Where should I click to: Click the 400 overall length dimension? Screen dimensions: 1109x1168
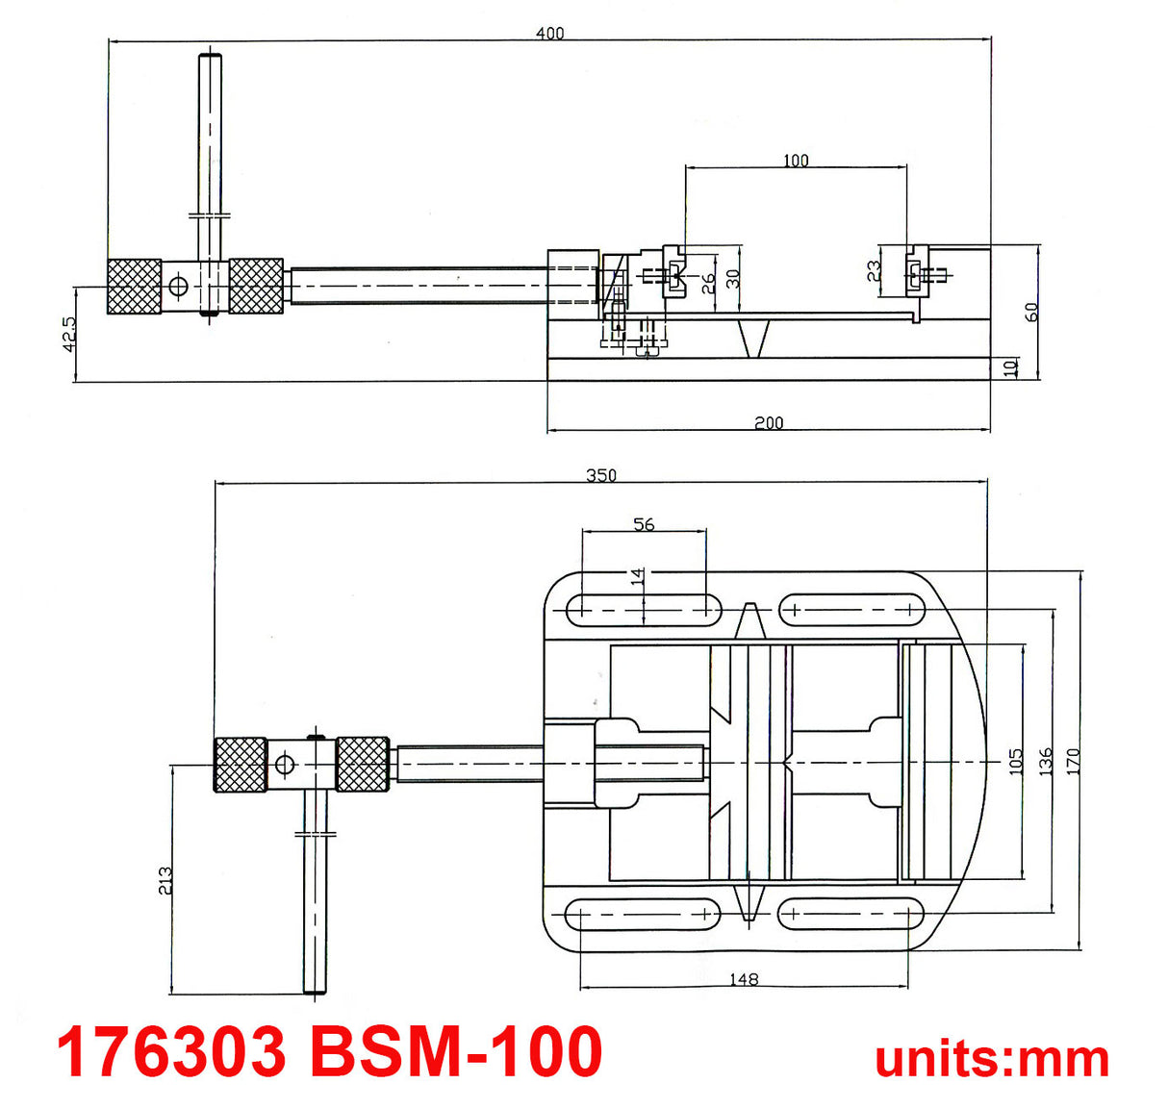click(549, 34)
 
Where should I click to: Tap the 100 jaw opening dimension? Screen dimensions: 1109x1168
click(796, 161)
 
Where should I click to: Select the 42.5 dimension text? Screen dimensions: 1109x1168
click(69, 335)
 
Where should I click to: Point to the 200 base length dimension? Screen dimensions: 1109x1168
click(768, 422)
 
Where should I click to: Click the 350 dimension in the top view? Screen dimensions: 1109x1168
click(601, 475)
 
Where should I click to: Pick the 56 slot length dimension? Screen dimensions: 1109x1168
click(644, 524)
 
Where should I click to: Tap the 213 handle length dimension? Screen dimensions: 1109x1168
click(165, 880)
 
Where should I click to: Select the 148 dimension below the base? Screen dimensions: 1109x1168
click(744, 979)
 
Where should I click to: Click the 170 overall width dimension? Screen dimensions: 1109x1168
click(1074, 761)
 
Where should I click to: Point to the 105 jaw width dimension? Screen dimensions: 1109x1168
click(1016, 761)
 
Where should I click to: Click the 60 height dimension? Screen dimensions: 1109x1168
click(1031, 312)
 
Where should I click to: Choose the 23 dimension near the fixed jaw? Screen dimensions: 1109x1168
click(874, 271)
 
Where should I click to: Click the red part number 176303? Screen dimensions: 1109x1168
click(171, 1051)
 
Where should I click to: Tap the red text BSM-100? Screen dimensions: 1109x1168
click(456, 1051)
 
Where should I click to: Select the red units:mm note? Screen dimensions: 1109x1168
click(992, 1058)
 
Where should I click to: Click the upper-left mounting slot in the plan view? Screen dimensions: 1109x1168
click(644, 609)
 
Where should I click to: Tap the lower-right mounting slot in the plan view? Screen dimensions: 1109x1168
click(851, 913)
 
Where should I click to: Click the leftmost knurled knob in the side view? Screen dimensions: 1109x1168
click(134, 287)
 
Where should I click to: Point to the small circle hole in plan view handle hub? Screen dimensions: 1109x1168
click(283, 765)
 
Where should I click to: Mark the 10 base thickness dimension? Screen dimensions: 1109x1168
click(1009, 368)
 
